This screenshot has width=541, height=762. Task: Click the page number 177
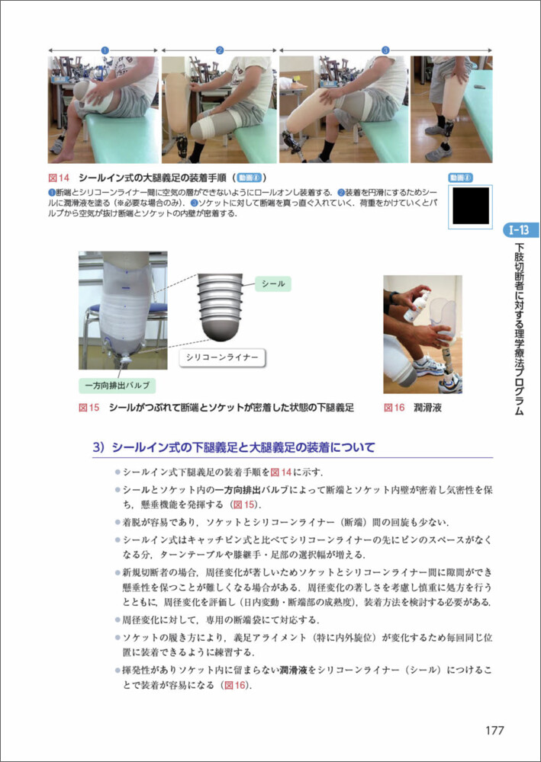494,730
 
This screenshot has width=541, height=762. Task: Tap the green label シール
273,283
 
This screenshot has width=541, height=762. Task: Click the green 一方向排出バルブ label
117,386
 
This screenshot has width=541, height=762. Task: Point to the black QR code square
471,206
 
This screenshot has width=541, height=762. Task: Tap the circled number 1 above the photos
104,50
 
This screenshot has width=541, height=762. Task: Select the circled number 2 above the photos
220,50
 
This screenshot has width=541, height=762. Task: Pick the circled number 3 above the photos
385,50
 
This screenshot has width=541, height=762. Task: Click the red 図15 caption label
89,408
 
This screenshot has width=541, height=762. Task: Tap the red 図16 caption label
394,408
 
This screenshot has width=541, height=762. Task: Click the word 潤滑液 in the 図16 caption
427,408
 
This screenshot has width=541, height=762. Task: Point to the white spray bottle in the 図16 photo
417,306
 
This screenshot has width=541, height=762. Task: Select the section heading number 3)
99,447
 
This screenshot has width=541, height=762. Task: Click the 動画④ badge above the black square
460,178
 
